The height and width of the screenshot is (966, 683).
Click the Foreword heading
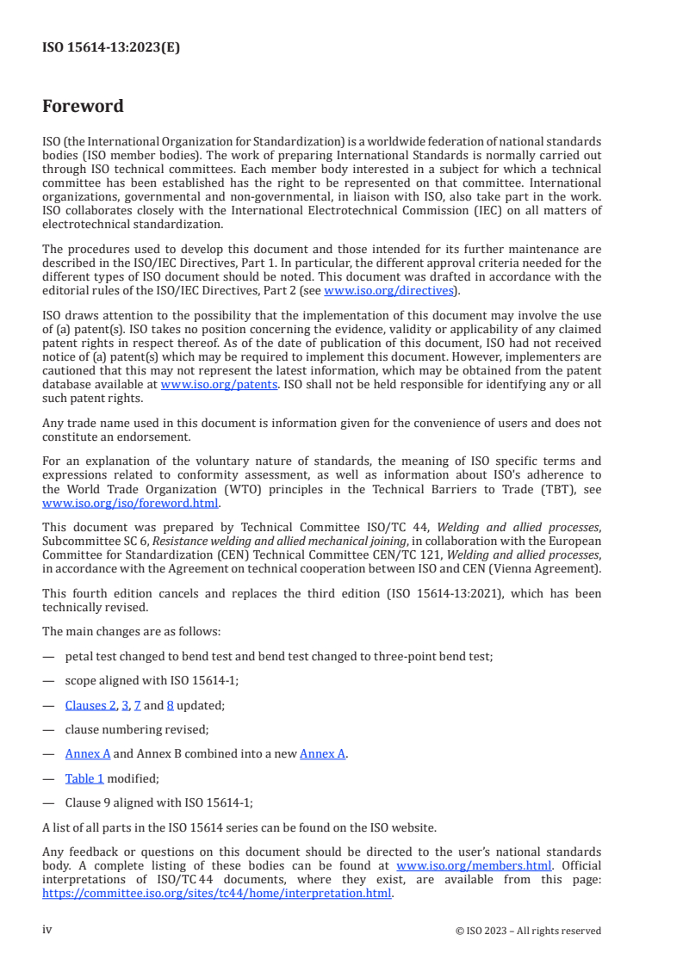(83, 107)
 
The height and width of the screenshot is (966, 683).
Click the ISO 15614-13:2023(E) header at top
(111, 47)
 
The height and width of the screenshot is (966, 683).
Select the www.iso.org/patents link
(219, 385)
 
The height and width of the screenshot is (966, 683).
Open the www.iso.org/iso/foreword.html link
(130, 503)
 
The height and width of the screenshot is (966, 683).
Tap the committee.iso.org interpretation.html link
(216, 893)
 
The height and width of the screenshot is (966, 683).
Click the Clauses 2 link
(90, 705)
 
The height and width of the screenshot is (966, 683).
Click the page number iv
(47, 930)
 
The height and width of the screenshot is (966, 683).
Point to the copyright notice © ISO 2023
(528, 931)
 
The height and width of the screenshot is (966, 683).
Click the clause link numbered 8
(170, 705)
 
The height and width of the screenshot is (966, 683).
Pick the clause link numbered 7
(137, 705)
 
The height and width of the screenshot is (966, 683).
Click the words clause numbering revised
(136, 729)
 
